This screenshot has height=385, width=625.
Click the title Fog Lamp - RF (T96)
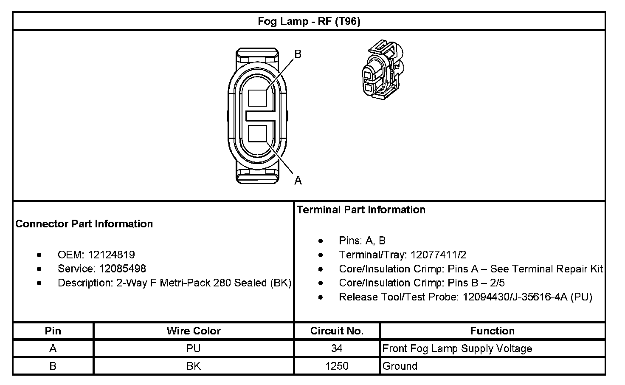[309, 22]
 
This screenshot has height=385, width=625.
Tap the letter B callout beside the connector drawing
[298, 54]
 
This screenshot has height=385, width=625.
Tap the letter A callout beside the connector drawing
[298, 181]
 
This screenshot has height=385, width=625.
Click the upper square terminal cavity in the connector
[257, 98]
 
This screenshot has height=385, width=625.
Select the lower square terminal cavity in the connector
[257, 133]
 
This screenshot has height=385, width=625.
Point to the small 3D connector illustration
[383, 70]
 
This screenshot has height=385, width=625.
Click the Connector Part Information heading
[84, 224]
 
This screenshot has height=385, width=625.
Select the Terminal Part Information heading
[361, 209]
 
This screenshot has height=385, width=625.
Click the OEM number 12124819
[111, 255]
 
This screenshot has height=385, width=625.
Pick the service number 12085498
[122, 269]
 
